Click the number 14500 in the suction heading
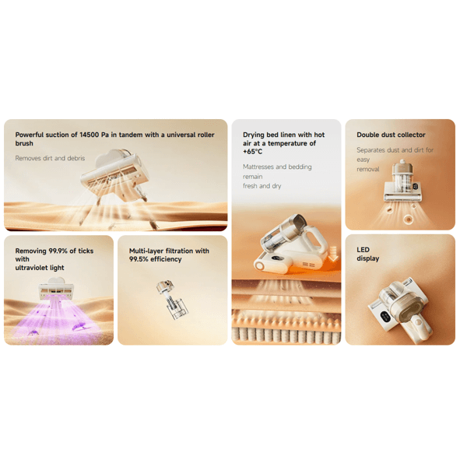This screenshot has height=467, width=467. [x=89, y=135]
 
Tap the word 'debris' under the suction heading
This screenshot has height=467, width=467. [x=75, y=159]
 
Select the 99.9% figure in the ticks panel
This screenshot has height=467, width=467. [x=58, y=251]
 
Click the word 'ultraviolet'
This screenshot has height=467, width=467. [x=31, y=268]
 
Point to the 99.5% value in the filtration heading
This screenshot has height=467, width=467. [x=139, y=259]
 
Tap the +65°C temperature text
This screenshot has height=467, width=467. [x=252, y=152]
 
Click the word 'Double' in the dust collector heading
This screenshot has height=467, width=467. [x=367, y=135]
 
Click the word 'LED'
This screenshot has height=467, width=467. [x=363, y=250]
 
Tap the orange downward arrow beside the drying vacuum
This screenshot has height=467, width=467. [x=333, y=254]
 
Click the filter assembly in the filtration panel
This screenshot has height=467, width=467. [x=172, y=300]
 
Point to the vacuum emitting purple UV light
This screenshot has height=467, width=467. [x=56, y=288]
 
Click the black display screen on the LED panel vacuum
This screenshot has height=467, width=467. [x=385, y=317]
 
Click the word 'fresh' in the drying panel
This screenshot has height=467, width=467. [x=250, y=186]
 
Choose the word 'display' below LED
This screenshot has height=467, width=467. [x=368, y=258]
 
